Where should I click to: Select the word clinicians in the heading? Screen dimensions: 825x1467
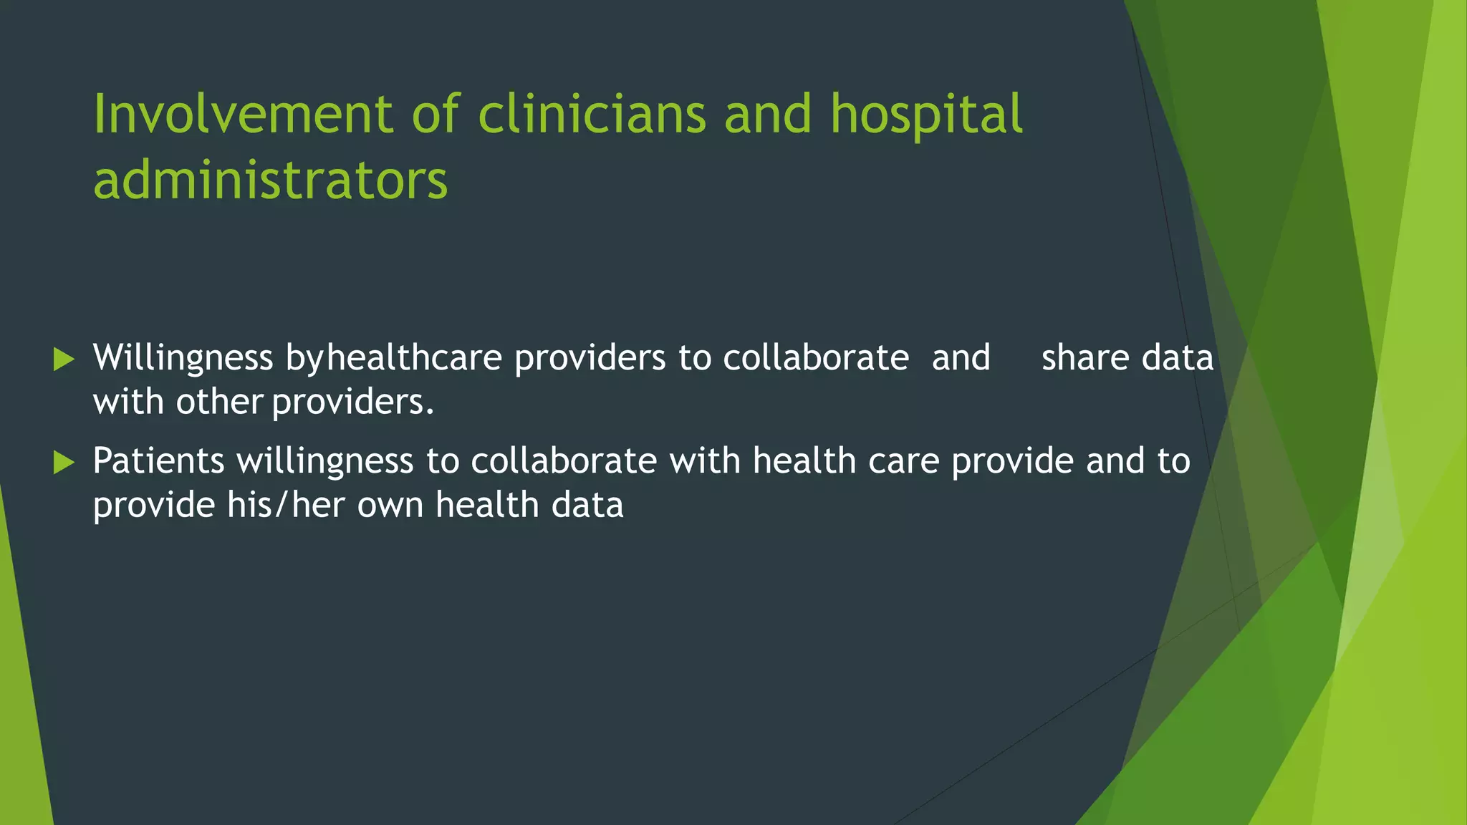point(592,114)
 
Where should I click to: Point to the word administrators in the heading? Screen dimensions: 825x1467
point(270,180)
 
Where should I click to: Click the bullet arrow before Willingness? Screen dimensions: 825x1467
point(64,360)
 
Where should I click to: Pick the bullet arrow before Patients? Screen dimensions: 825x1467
point(64,463)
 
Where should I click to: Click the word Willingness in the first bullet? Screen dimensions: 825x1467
point(183,359)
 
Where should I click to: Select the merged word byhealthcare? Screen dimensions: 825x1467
point(393,359)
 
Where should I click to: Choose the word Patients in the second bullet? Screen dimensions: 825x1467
point(158,460)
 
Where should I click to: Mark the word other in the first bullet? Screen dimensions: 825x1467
point(219,402)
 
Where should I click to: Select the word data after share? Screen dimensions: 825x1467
point(1177,357)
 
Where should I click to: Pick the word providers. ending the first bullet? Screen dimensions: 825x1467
point(353,403)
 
